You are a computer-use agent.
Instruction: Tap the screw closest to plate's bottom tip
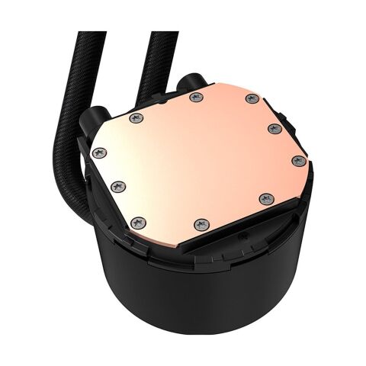pyautogui.click(x=200, y=223)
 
